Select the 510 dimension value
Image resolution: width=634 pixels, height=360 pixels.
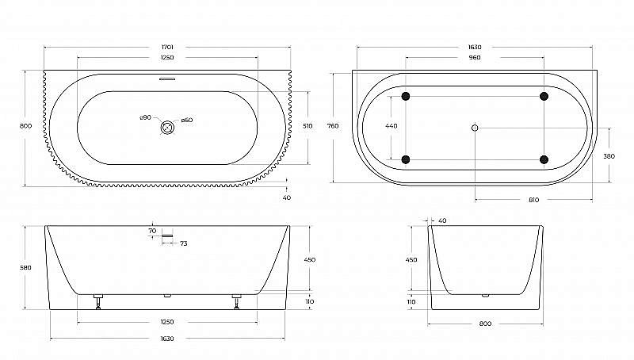tap(308, 127)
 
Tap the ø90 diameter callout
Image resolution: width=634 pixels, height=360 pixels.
tap(145, 119)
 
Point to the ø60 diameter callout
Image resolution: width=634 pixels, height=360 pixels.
tap(187, 121)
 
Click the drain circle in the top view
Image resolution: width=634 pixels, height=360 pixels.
tap(167, 127)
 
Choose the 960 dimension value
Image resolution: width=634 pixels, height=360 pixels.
tap(475, 58)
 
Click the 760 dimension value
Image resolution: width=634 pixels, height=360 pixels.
tap(334, 126)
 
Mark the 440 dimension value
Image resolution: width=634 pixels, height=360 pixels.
tap(391, 126)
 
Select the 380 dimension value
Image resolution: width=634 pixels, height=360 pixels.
tap(609, 156)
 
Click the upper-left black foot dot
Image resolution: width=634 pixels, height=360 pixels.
tap(407, 97)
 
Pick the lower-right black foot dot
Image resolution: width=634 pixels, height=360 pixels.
tap(544, 159)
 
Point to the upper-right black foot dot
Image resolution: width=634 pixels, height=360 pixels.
tap(544, 97)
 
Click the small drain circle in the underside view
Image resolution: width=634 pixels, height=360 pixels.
tap(475, 128)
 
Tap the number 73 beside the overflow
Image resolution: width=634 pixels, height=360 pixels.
tap(183, 243)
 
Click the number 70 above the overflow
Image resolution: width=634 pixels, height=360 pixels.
tap(152, 231)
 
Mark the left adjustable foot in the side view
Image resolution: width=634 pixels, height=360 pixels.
tap(98, 301)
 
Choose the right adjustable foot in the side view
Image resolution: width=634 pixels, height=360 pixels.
tap(236, 301)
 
